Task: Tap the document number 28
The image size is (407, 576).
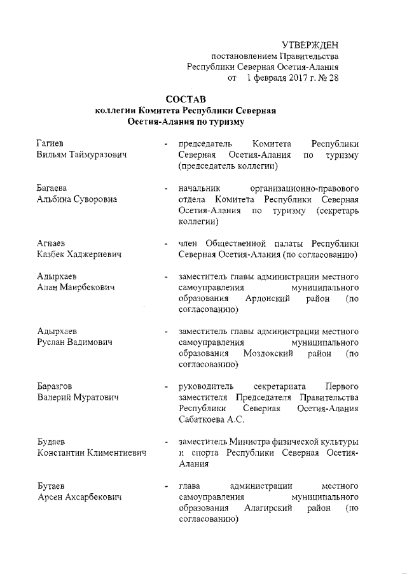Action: coord(333,79)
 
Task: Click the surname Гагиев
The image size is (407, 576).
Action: coord(50,144)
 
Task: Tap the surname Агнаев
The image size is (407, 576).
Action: coord(52,244)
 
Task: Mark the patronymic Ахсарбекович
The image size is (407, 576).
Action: coord(93,497)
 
